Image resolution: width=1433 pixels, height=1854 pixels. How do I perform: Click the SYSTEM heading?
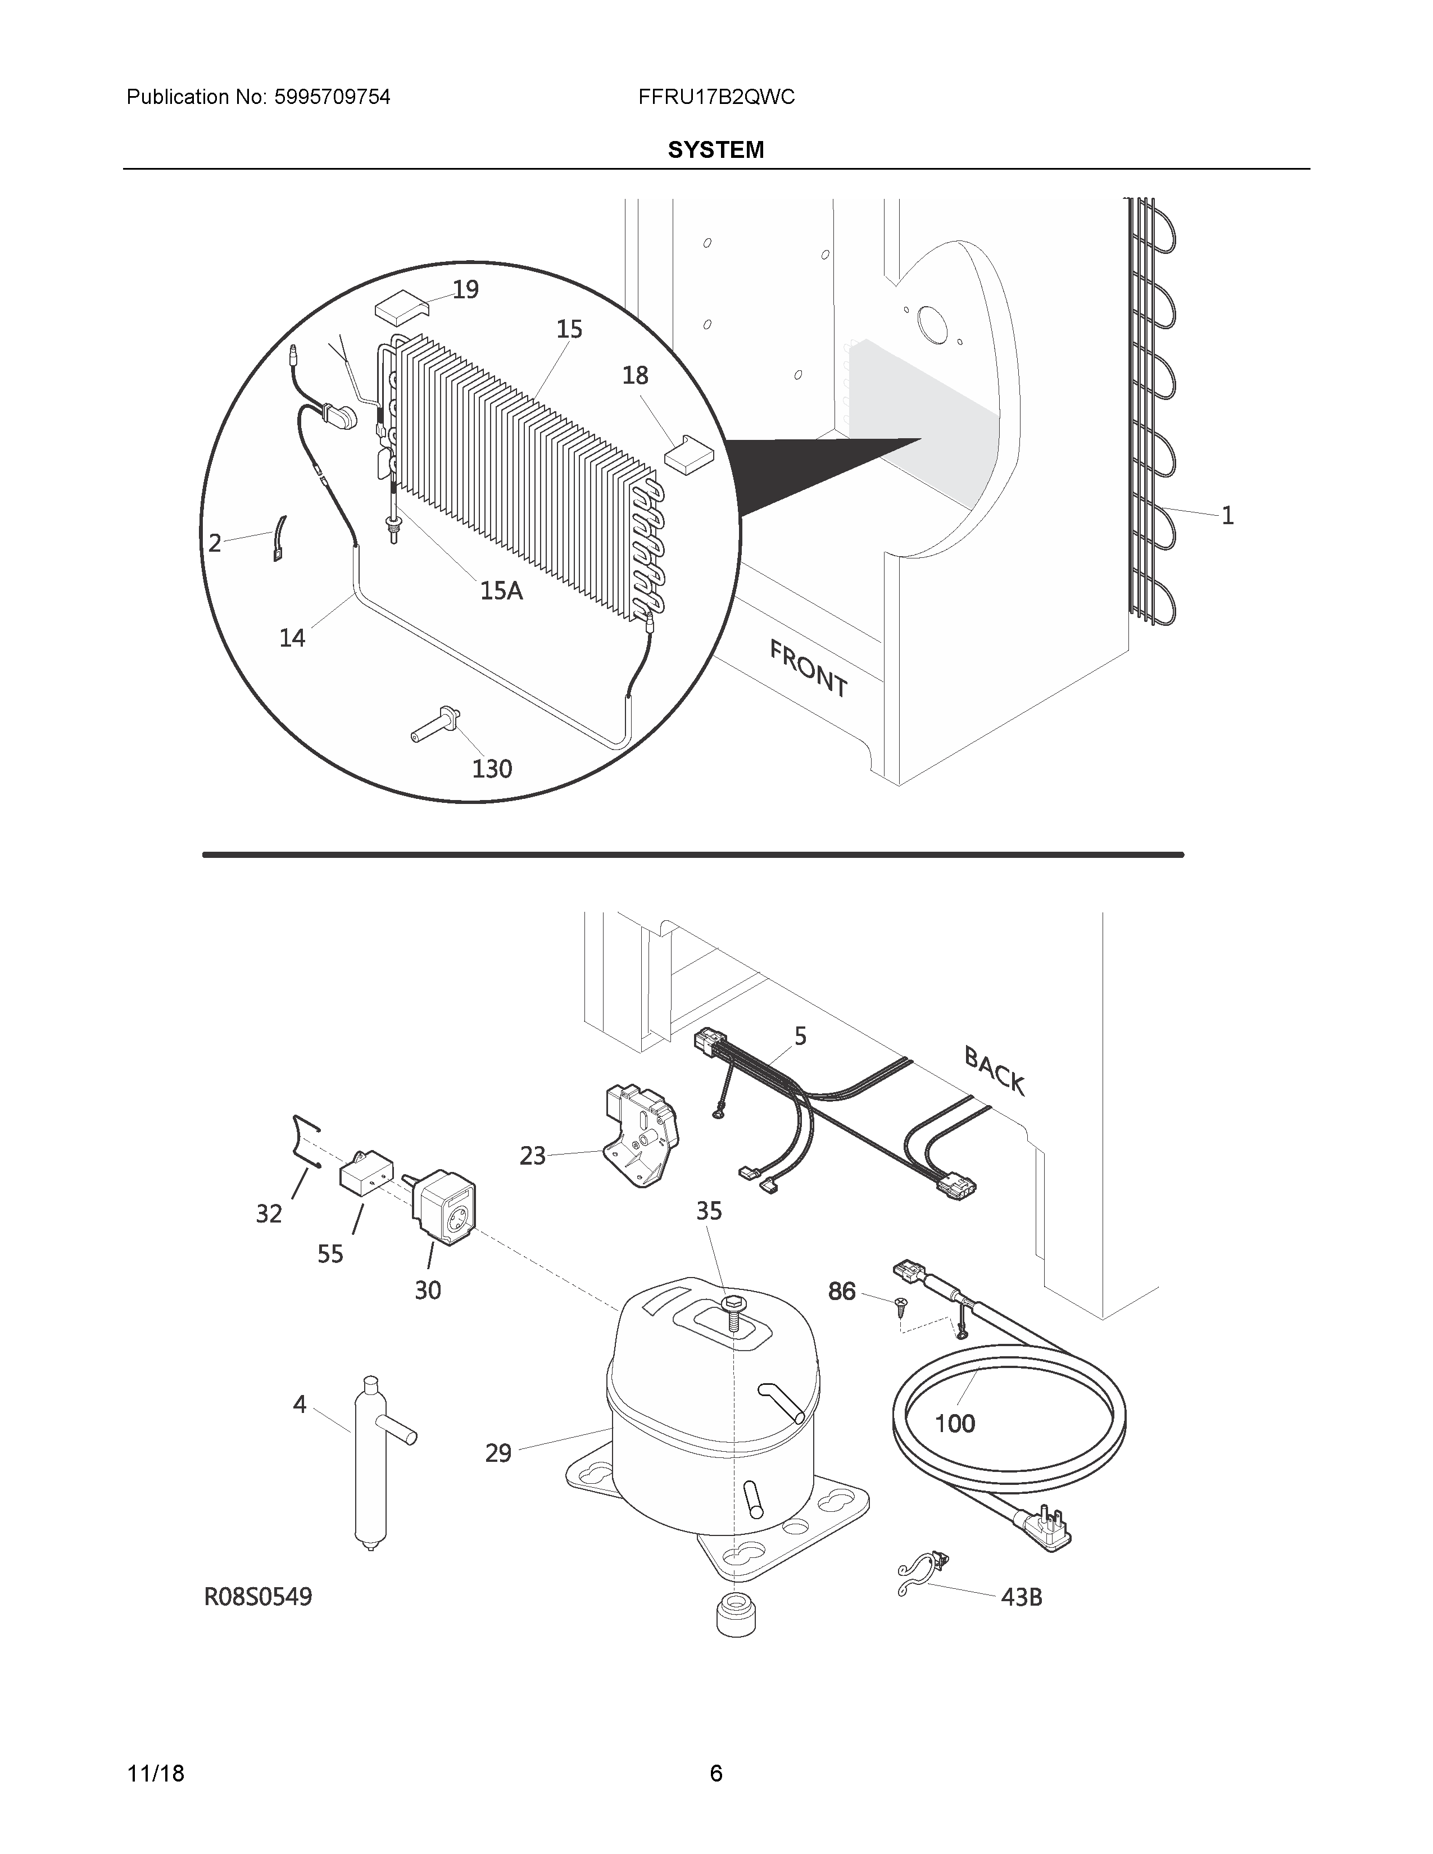715,150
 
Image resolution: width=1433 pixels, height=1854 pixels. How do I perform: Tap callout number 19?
465,290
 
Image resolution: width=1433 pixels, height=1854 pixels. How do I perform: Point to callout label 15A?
501,590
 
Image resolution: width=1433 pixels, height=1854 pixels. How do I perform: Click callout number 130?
492,769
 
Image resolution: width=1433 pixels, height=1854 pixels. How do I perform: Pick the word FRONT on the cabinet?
808,669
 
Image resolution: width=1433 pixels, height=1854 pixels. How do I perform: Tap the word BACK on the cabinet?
994,1071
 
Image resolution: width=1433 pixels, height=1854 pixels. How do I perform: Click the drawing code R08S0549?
258,1598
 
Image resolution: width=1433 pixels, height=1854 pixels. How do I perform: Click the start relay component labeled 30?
444,1207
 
